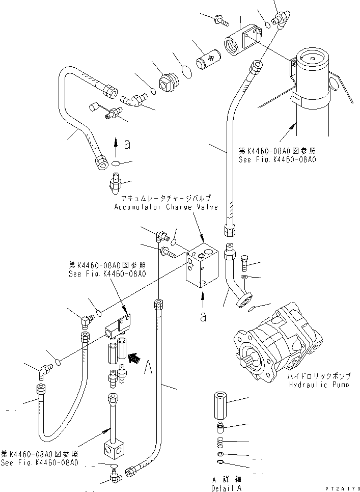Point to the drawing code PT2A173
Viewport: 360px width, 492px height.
click(341, 488)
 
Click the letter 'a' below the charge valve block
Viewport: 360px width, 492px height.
click(203, 316)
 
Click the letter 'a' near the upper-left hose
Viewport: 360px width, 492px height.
click(127, 144)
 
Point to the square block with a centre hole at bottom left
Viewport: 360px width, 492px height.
click(113, 449)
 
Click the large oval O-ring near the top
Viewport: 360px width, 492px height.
click(187, 71)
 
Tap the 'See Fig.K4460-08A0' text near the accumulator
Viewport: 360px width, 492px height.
click(277, 159)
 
